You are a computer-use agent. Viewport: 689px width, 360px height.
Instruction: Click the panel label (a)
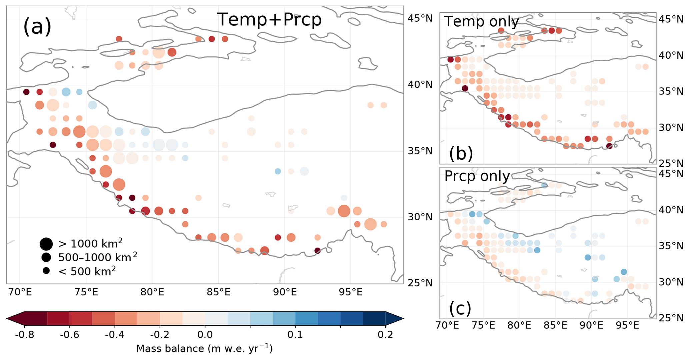pos(37,27)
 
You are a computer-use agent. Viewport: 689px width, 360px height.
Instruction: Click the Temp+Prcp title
pos(269,19)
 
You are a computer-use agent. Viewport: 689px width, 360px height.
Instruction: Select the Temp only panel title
pos(481,22)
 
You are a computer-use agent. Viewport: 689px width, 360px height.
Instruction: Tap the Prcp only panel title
pos(477,176)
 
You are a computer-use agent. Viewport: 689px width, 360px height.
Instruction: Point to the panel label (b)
pos(461,153)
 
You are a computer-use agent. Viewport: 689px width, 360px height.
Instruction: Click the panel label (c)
pos(460,308)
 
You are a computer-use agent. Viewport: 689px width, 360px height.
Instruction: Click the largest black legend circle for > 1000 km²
pos(46,244)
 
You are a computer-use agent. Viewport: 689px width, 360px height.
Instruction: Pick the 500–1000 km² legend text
pos(97,257)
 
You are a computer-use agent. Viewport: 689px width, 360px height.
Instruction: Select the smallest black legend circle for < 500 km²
pos(46,271)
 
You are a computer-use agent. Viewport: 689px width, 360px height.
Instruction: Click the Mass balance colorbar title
pos(204,349)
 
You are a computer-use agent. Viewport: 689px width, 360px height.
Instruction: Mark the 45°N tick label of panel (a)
pos(420,18)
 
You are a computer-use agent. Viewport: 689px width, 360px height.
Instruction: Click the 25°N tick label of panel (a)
pos(420,283)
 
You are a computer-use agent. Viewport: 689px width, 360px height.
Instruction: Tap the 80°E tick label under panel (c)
pos(519,325)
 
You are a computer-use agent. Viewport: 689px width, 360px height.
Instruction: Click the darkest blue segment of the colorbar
pos(374,319)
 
